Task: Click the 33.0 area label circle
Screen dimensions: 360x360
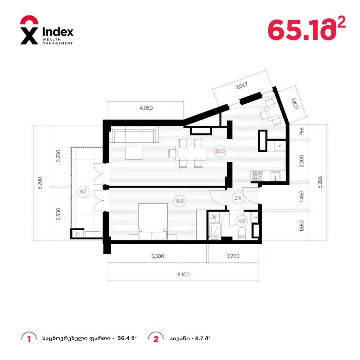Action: (220, 152)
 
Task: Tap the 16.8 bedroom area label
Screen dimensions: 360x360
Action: (179, 201)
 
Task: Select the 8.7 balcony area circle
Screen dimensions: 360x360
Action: (83, 192)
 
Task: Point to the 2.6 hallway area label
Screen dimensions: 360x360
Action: (238, 198)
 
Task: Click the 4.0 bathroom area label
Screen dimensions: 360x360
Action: (242, 221)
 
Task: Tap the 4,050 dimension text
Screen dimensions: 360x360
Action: (146, 108)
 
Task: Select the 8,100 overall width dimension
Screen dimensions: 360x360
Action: (184, 275)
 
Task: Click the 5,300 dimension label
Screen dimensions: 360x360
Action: (158, 256)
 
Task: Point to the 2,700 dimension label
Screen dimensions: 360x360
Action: (233, 256)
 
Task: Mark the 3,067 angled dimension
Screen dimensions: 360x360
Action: (242, 86)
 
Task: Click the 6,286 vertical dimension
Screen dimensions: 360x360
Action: (320, 182)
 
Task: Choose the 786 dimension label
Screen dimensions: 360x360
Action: (302, 131)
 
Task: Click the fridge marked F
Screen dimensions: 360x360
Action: (280, 146)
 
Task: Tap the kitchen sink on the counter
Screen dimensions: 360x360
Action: (275, 176)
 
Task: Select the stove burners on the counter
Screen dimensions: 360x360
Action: (258, 176)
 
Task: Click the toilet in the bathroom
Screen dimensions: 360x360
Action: (242, 233)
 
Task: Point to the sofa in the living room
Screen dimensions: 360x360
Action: (134, 135)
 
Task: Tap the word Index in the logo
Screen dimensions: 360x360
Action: (58, 32)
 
